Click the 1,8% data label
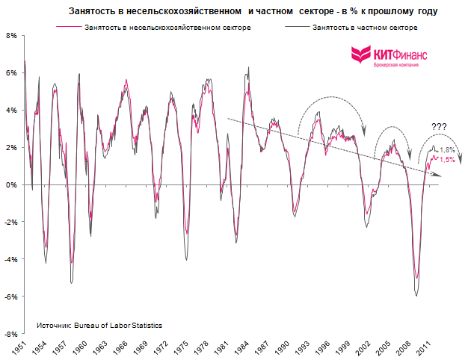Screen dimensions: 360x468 pyautogui.click(x=447, y=150)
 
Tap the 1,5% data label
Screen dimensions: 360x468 pyautogui.click(x=447, y=159)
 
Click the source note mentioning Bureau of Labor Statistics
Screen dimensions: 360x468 pyautogui.click(x=99, y=326)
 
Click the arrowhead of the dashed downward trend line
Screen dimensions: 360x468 pyautogui.click(x=438, y=175)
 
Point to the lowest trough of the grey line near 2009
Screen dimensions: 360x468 pyautogui.click(x=416, y=296)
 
